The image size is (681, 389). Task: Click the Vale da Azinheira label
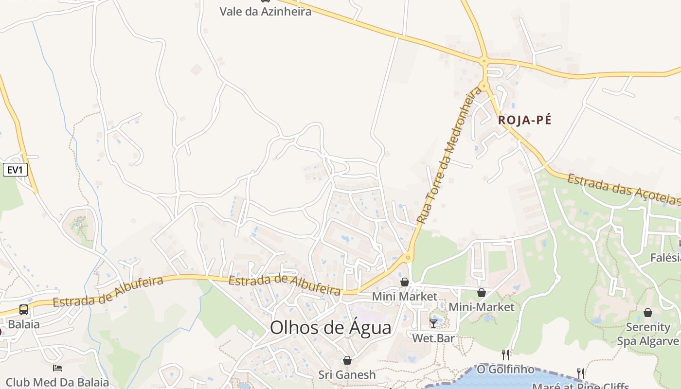pyautogui.click(x=265, y=12)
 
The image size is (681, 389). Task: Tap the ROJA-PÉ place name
pyautogui.click(x=525, y=120)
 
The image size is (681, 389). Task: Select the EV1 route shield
pyautogui.click(x=15, y=170)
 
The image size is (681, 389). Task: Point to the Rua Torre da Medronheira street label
pyautogui.click(x=445, y=158)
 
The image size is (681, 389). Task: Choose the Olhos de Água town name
pyautogui.click(x=330, y=328)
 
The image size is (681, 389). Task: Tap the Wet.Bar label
pyautogui.click(x=433, y=337)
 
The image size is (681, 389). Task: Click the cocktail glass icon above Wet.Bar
pyautogui.click(x=433, y=323)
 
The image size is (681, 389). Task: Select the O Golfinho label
pyautogui.click(x=505, y=370)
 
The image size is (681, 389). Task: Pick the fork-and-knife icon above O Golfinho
pyautogui.click(x=505, y=355)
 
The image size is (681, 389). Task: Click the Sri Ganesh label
pyautogui.click(x=347, y=375)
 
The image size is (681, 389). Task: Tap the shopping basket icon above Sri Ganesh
pyautogui.click(x=347, y=360)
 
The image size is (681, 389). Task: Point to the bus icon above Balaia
pyautogui.click(x=23, y=310)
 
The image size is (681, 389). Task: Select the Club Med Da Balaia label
pyautogui.click(x=57, y=382)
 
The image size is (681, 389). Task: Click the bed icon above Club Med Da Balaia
pyautogui.click(x=57, y=368)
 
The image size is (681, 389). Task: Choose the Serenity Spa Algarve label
pyautogui.click(x=648, y=334)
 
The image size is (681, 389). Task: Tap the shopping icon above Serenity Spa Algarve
pyautogui.click(x=647, y=313)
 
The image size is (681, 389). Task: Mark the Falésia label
pyautogui.click(x=665, y=258)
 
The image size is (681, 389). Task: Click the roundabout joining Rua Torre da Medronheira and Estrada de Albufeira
pyautogui.click(x=408, y=257)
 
